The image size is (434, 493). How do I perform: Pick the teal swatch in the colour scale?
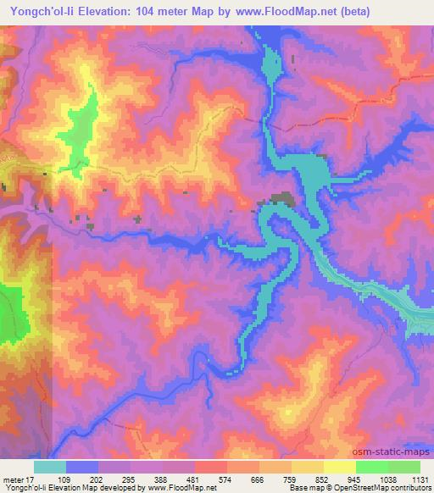[x=50, y=468]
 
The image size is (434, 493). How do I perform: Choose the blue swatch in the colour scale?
[x=82, y=468]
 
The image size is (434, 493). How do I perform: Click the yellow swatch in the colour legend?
[x=339, y=468]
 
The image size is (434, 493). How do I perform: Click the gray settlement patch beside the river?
[x=281, y=201]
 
